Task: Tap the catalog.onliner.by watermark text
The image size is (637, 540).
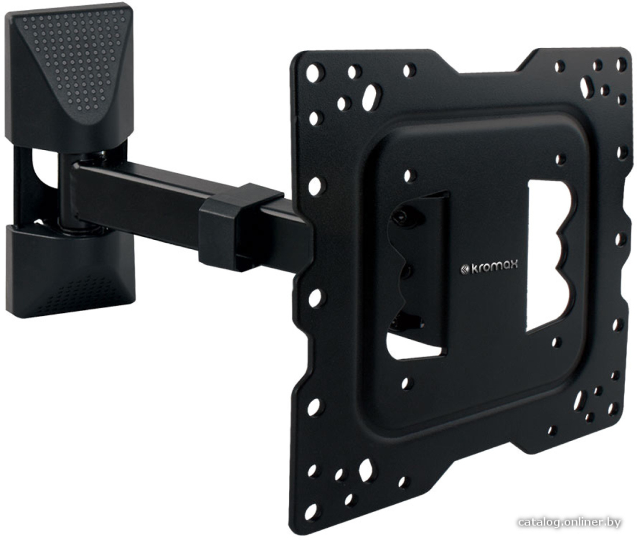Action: click(570, 523)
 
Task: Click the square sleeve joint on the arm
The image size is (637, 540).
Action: click(240, 222)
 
